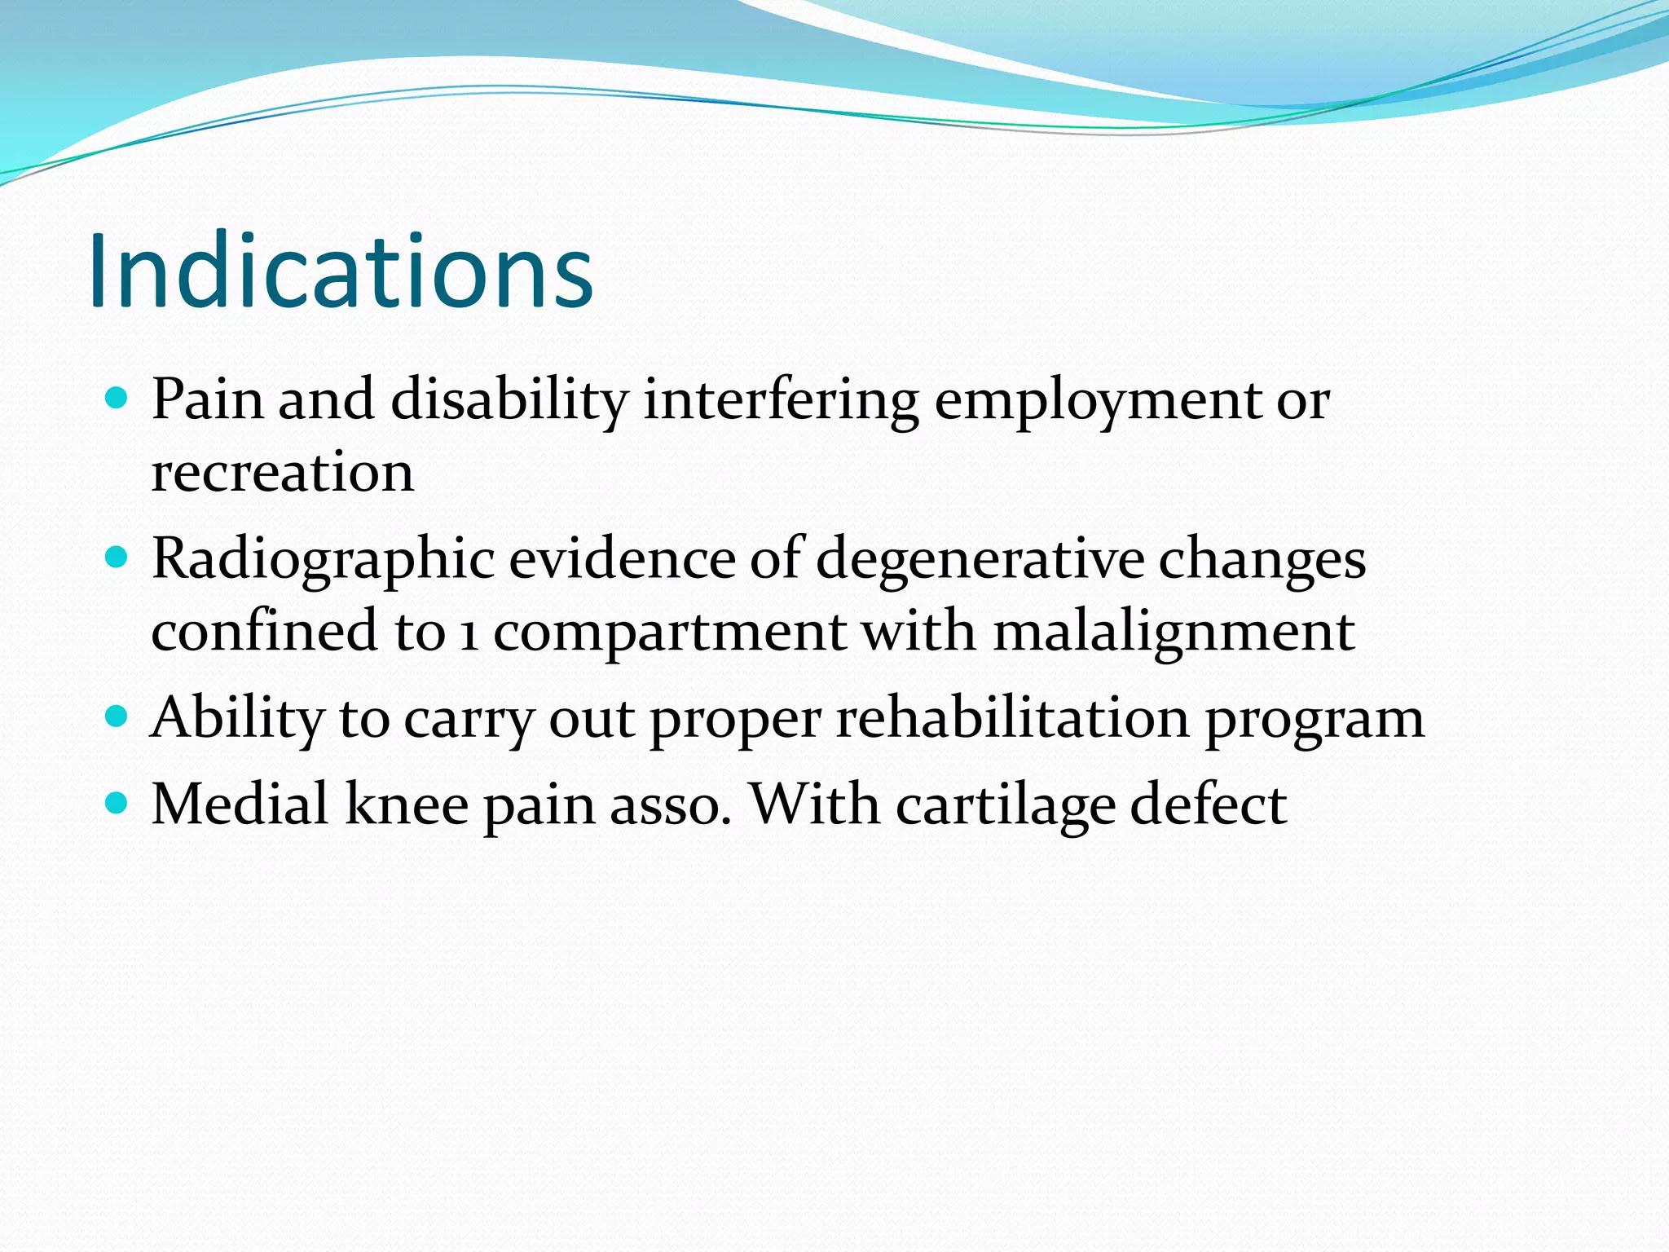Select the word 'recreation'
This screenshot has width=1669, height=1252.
[283, 473]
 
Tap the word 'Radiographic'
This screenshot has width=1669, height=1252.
[323, 561]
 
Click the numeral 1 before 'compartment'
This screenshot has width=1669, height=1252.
[469, 633]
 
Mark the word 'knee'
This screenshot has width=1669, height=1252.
[407, 805]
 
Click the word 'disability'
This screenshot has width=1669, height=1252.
[510, 401]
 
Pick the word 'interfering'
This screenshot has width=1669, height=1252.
[781, 401]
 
